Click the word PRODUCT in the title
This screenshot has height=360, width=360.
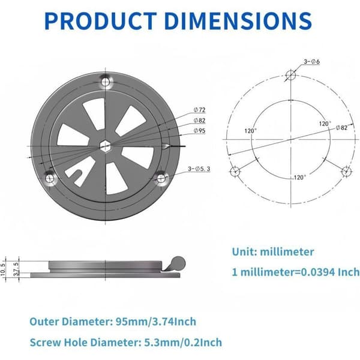point(101,21)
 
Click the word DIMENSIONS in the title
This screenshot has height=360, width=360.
point(238,21)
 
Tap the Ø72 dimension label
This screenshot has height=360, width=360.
point(200,110)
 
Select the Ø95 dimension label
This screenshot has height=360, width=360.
point(200,131)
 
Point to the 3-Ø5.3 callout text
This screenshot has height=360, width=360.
point(199,169)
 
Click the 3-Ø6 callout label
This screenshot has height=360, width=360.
point(311,62)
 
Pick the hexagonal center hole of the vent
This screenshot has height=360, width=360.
point(105,146)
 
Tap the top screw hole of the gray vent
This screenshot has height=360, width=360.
point(106,82)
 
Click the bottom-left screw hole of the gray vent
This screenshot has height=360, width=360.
point(50,178)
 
